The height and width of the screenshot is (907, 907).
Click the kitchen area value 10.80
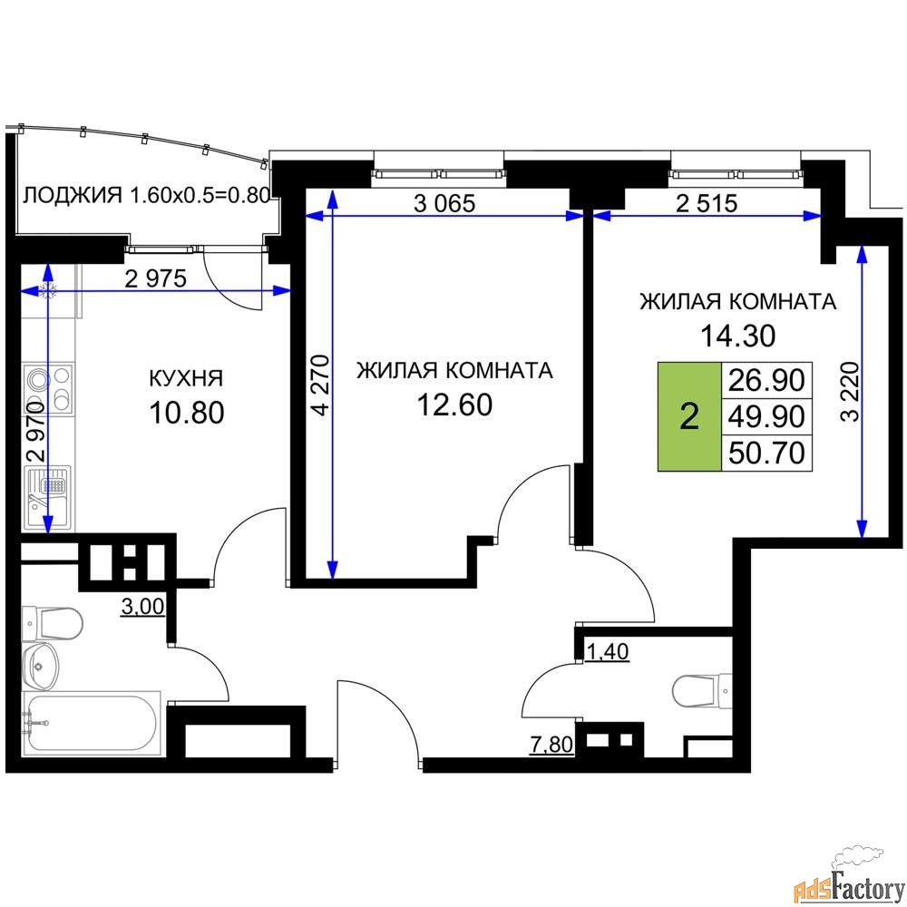tap(186, 413)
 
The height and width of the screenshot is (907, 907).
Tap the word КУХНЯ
tap(186, 378)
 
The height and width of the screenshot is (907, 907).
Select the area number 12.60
tap(454, 405)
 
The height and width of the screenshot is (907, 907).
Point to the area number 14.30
tap(738, 336)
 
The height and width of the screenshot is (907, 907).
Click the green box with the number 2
tap(689, 416)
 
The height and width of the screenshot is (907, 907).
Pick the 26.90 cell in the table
tap(766, 381)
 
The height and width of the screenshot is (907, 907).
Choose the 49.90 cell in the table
tap(766, 416)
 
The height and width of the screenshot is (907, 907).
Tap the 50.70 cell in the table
tap(766, 453)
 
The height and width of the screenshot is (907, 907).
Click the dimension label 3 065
tap(444, 203)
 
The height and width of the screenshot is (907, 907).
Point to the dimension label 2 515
tap(707, 203)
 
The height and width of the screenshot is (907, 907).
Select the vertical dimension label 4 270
tap(320, 385)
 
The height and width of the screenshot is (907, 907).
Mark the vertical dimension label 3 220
tap(850, 392)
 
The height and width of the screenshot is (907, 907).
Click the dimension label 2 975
tap(156, 278)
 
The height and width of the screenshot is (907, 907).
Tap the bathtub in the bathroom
tap(91, 723)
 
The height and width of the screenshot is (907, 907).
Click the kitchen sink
tap(49, 496)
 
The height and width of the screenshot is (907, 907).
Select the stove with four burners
tap(49, 388)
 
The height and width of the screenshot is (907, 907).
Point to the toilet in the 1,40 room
tap(701, 690)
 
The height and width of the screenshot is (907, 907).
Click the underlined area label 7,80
tap(551, 745)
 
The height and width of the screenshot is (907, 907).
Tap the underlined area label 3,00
tap(142, 606)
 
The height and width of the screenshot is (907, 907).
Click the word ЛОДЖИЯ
tap(73, 195)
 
